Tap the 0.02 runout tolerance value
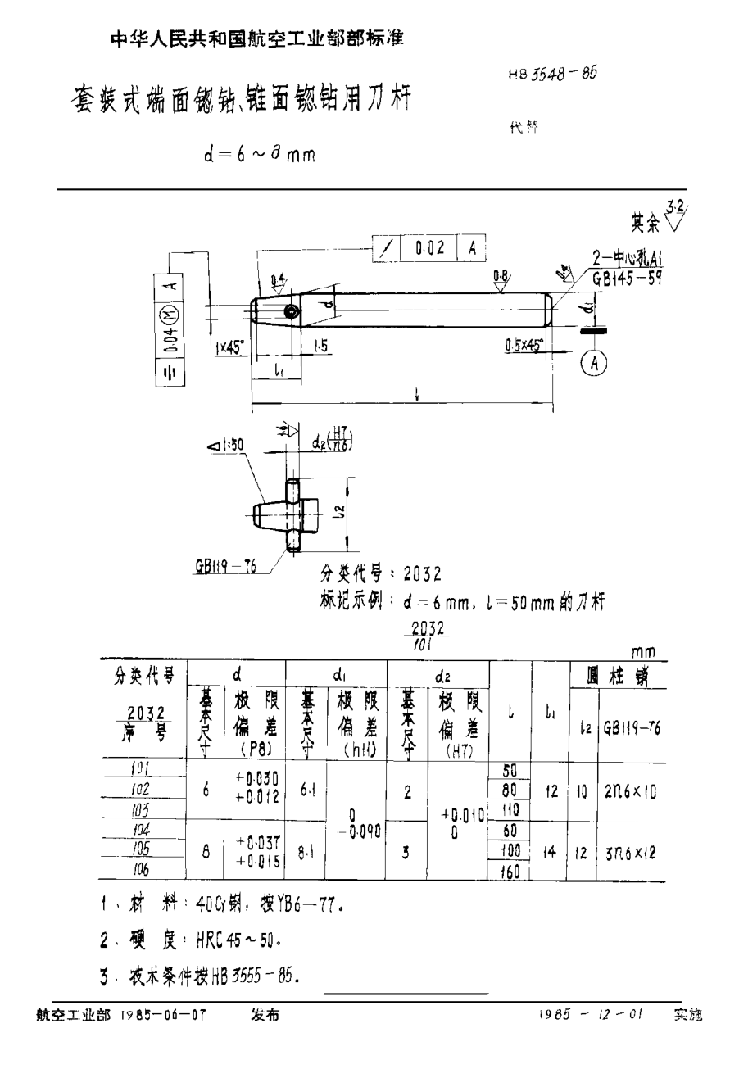click(x=429, y=248)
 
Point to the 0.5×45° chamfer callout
click(x=524, y=346)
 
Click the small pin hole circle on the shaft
click(x=291, y=311)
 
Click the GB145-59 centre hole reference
click(x=627, y=277)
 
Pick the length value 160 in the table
click(x=510, y=871)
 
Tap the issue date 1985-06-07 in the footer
click(x=163, y=1015)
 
